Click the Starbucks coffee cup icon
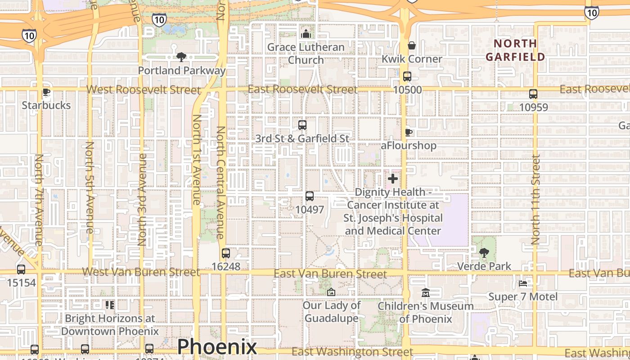[x=46, y=92]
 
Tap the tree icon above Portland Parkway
[x=181, y=57]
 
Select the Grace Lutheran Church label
[x=306, y=53]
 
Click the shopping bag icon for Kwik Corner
[x=411, y=45]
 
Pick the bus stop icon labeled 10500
[x=407, y=76]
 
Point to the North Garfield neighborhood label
[x=515, y=50]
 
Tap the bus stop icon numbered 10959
[x=533, y=94]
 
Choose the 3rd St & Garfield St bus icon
[x=302, y=125]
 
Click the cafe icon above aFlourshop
[x=408, y=132]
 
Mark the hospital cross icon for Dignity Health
[x=393, y=179]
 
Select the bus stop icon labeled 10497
[x=310, y=196]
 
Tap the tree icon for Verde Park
[x=484, y=253]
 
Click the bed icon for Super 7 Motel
[x=523, y=283]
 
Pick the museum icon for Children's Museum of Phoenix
[x=426, y=293]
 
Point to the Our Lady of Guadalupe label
[x=332, y=311]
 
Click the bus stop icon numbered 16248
[x=226, y=253]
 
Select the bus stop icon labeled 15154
[x=21, y=270]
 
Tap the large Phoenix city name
[x=217, y=347]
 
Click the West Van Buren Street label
[x=141, y=272]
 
